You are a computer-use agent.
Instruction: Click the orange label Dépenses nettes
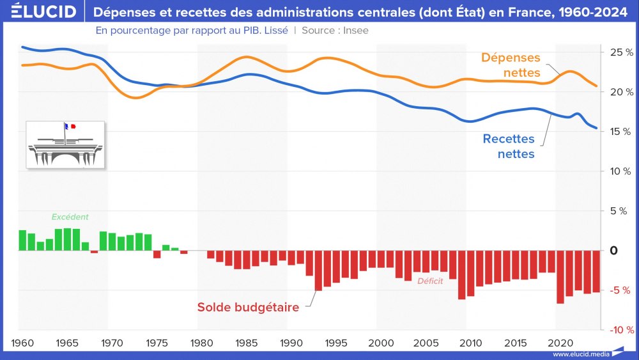511,65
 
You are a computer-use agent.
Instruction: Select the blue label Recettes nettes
508,146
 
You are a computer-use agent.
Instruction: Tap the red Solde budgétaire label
248,308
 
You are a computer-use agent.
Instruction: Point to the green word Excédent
70,217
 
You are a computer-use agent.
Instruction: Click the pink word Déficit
430,281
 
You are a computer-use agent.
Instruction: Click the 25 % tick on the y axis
619,52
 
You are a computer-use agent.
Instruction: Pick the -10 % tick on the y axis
619,330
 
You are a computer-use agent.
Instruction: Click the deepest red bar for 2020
560,277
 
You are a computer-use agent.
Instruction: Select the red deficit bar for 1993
318,270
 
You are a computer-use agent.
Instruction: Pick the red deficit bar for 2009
461,275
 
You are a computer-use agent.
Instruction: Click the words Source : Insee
335,30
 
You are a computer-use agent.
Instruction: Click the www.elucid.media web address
579,354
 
